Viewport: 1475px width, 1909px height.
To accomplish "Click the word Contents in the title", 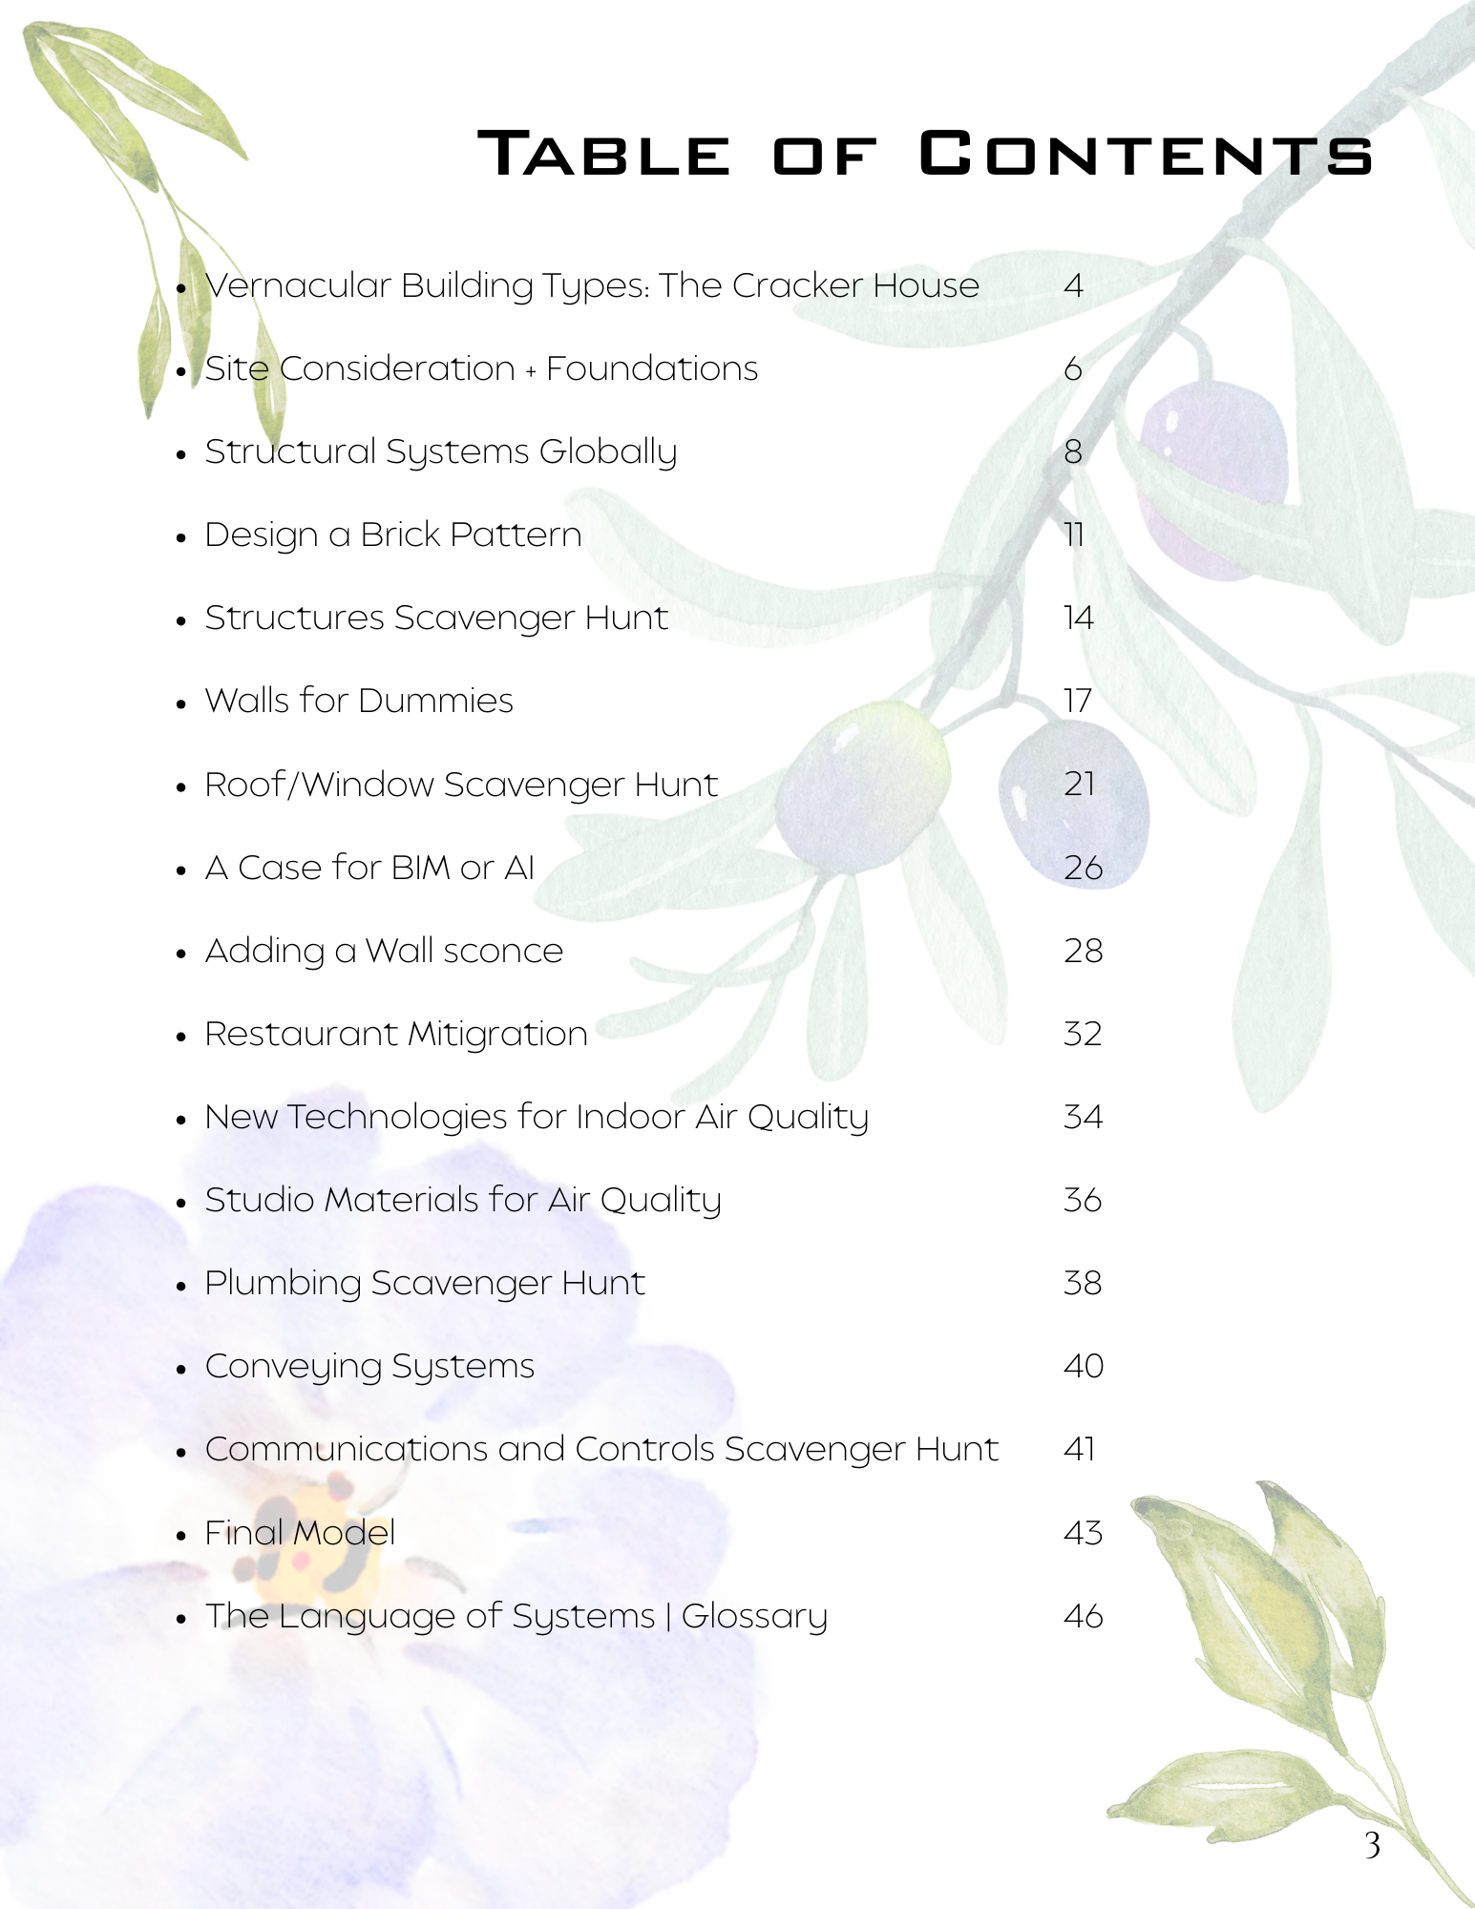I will [1146, 154].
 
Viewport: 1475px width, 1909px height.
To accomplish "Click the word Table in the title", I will [604, 154].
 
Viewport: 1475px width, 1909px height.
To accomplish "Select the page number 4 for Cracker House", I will [1073, 285].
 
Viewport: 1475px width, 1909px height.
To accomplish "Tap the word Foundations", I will [652, 368].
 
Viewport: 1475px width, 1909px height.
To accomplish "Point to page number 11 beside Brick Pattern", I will [1074, 535].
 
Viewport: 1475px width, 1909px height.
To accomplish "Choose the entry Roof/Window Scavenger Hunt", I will [461, 785].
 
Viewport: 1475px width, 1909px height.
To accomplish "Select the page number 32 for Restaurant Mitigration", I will [1083, 1034].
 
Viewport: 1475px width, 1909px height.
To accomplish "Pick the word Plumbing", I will [283, 1284].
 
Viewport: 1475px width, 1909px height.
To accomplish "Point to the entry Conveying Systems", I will [369, 1367].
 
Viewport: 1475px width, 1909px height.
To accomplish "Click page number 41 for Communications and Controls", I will [1079, 1450].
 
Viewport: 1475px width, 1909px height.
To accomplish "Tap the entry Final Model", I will [300, 1533].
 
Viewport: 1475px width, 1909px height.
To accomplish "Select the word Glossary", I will [754, 1617].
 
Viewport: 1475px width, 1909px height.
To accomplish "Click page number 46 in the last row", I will [1083, 1616].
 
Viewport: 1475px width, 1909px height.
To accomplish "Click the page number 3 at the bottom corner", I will [1372, 1846].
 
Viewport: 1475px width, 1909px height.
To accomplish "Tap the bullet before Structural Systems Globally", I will [181, 454].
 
